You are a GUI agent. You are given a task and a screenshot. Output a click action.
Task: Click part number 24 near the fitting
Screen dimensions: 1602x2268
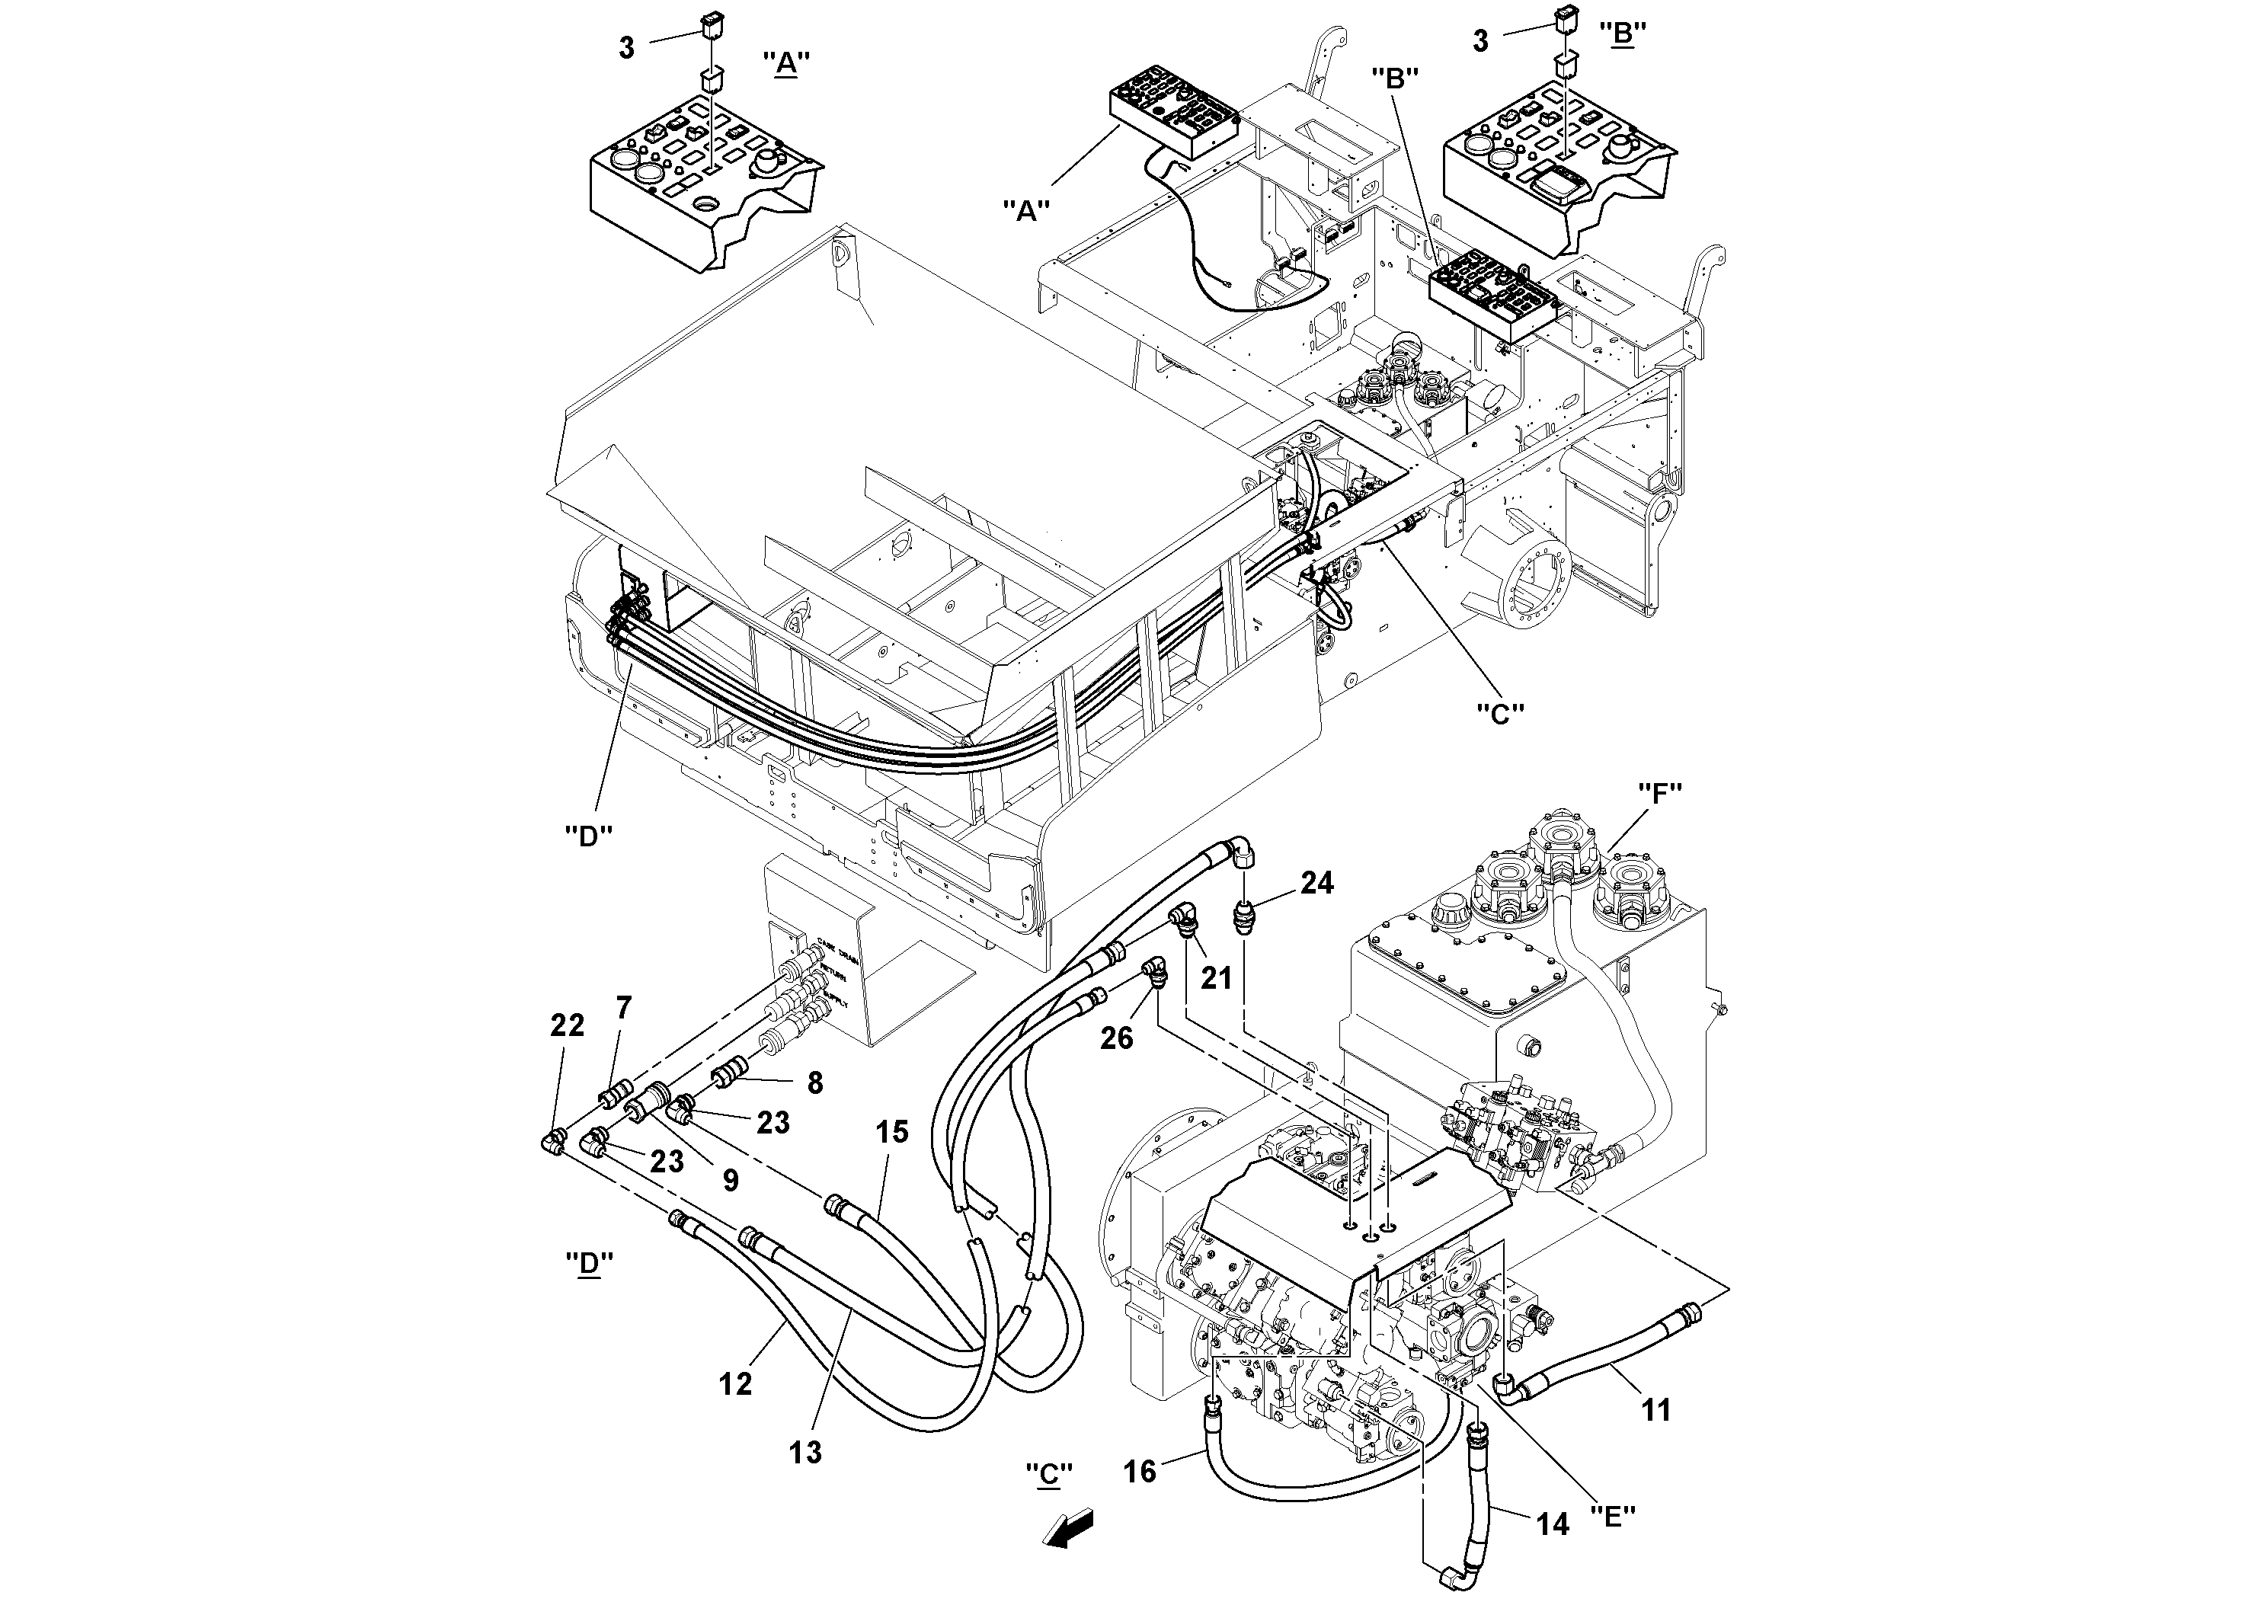tap(1316, 883)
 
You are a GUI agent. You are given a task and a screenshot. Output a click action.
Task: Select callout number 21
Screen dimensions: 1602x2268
tap(1216, 978)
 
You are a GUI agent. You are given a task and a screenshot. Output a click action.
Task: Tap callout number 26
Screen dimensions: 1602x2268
tap(1117, 1038)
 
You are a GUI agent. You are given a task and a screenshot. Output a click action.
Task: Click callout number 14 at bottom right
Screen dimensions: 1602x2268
tap(1552, 1525)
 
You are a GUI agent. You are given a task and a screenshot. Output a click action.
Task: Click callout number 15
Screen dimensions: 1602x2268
tap(891, 1132)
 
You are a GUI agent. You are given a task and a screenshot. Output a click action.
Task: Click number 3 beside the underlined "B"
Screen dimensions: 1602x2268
tap(1479, 40)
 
